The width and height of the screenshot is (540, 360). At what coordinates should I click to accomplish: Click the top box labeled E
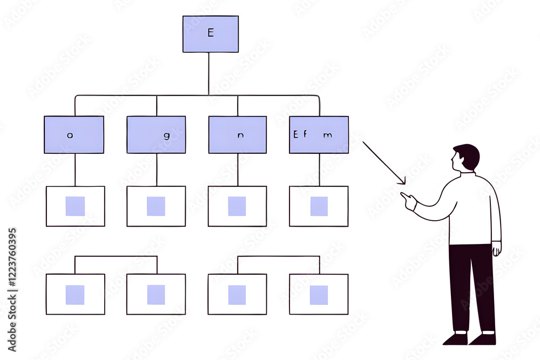[x=210, y=34]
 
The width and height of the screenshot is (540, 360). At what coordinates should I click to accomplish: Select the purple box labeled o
[x=74, y=134]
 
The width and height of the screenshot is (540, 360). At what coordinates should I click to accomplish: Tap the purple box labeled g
[x=156, y=134]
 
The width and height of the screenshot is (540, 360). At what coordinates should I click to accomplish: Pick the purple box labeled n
[x=238, y=134]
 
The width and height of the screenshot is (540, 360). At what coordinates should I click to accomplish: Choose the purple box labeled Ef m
[x=319, y=134]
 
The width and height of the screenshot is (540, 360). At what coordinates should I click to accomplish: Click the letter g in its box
[x=167, y=136]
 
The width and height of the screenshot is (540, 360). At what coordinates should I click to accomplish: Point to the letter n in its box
[x=241, y=136]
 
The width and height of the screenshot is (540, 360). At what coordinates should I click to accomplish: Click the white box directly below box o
[x=75, y=206]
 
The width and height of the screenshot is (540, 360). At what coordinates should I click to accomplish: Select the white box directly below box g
[x=156, y=206]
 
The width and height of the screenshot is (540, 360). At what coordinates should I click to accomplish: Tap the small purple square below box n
[x=237, y=206]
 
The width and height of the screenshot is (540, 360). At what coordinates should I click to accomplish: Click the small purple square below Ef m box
[x=319, y=206]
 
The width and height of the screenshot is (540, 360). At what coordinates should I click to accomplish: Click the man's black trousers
[x=471, y=286]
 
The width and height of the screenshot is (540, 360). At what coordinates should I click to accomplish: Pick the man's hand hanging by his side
[x=496, y=249]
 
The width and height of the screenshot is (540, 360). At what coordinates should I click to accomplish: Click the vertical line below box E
[x=208, y=73]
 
